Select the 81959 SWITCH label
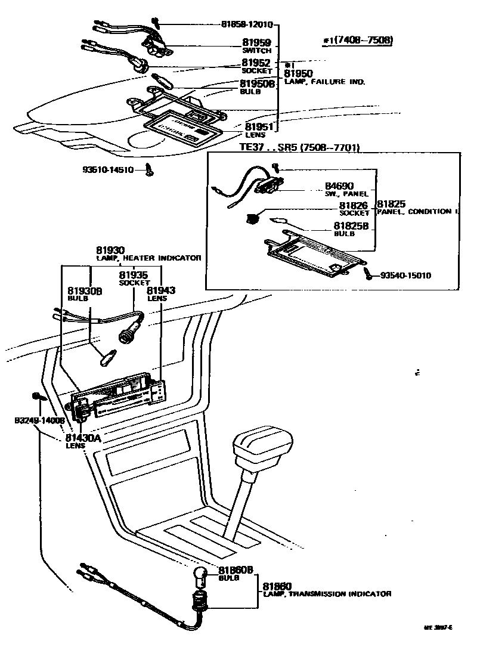tap(256, 46)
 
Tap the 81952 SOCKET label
tap(256, 66)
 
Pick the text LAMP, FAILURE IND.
tap(324, 82)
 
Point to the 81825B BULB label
tap(351, 229)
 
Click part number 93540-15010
tap(405, 276)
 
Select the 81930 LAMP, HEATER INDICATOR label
tap(148, 253)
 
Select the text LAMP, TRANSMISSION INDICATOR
tap(327, 594)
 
